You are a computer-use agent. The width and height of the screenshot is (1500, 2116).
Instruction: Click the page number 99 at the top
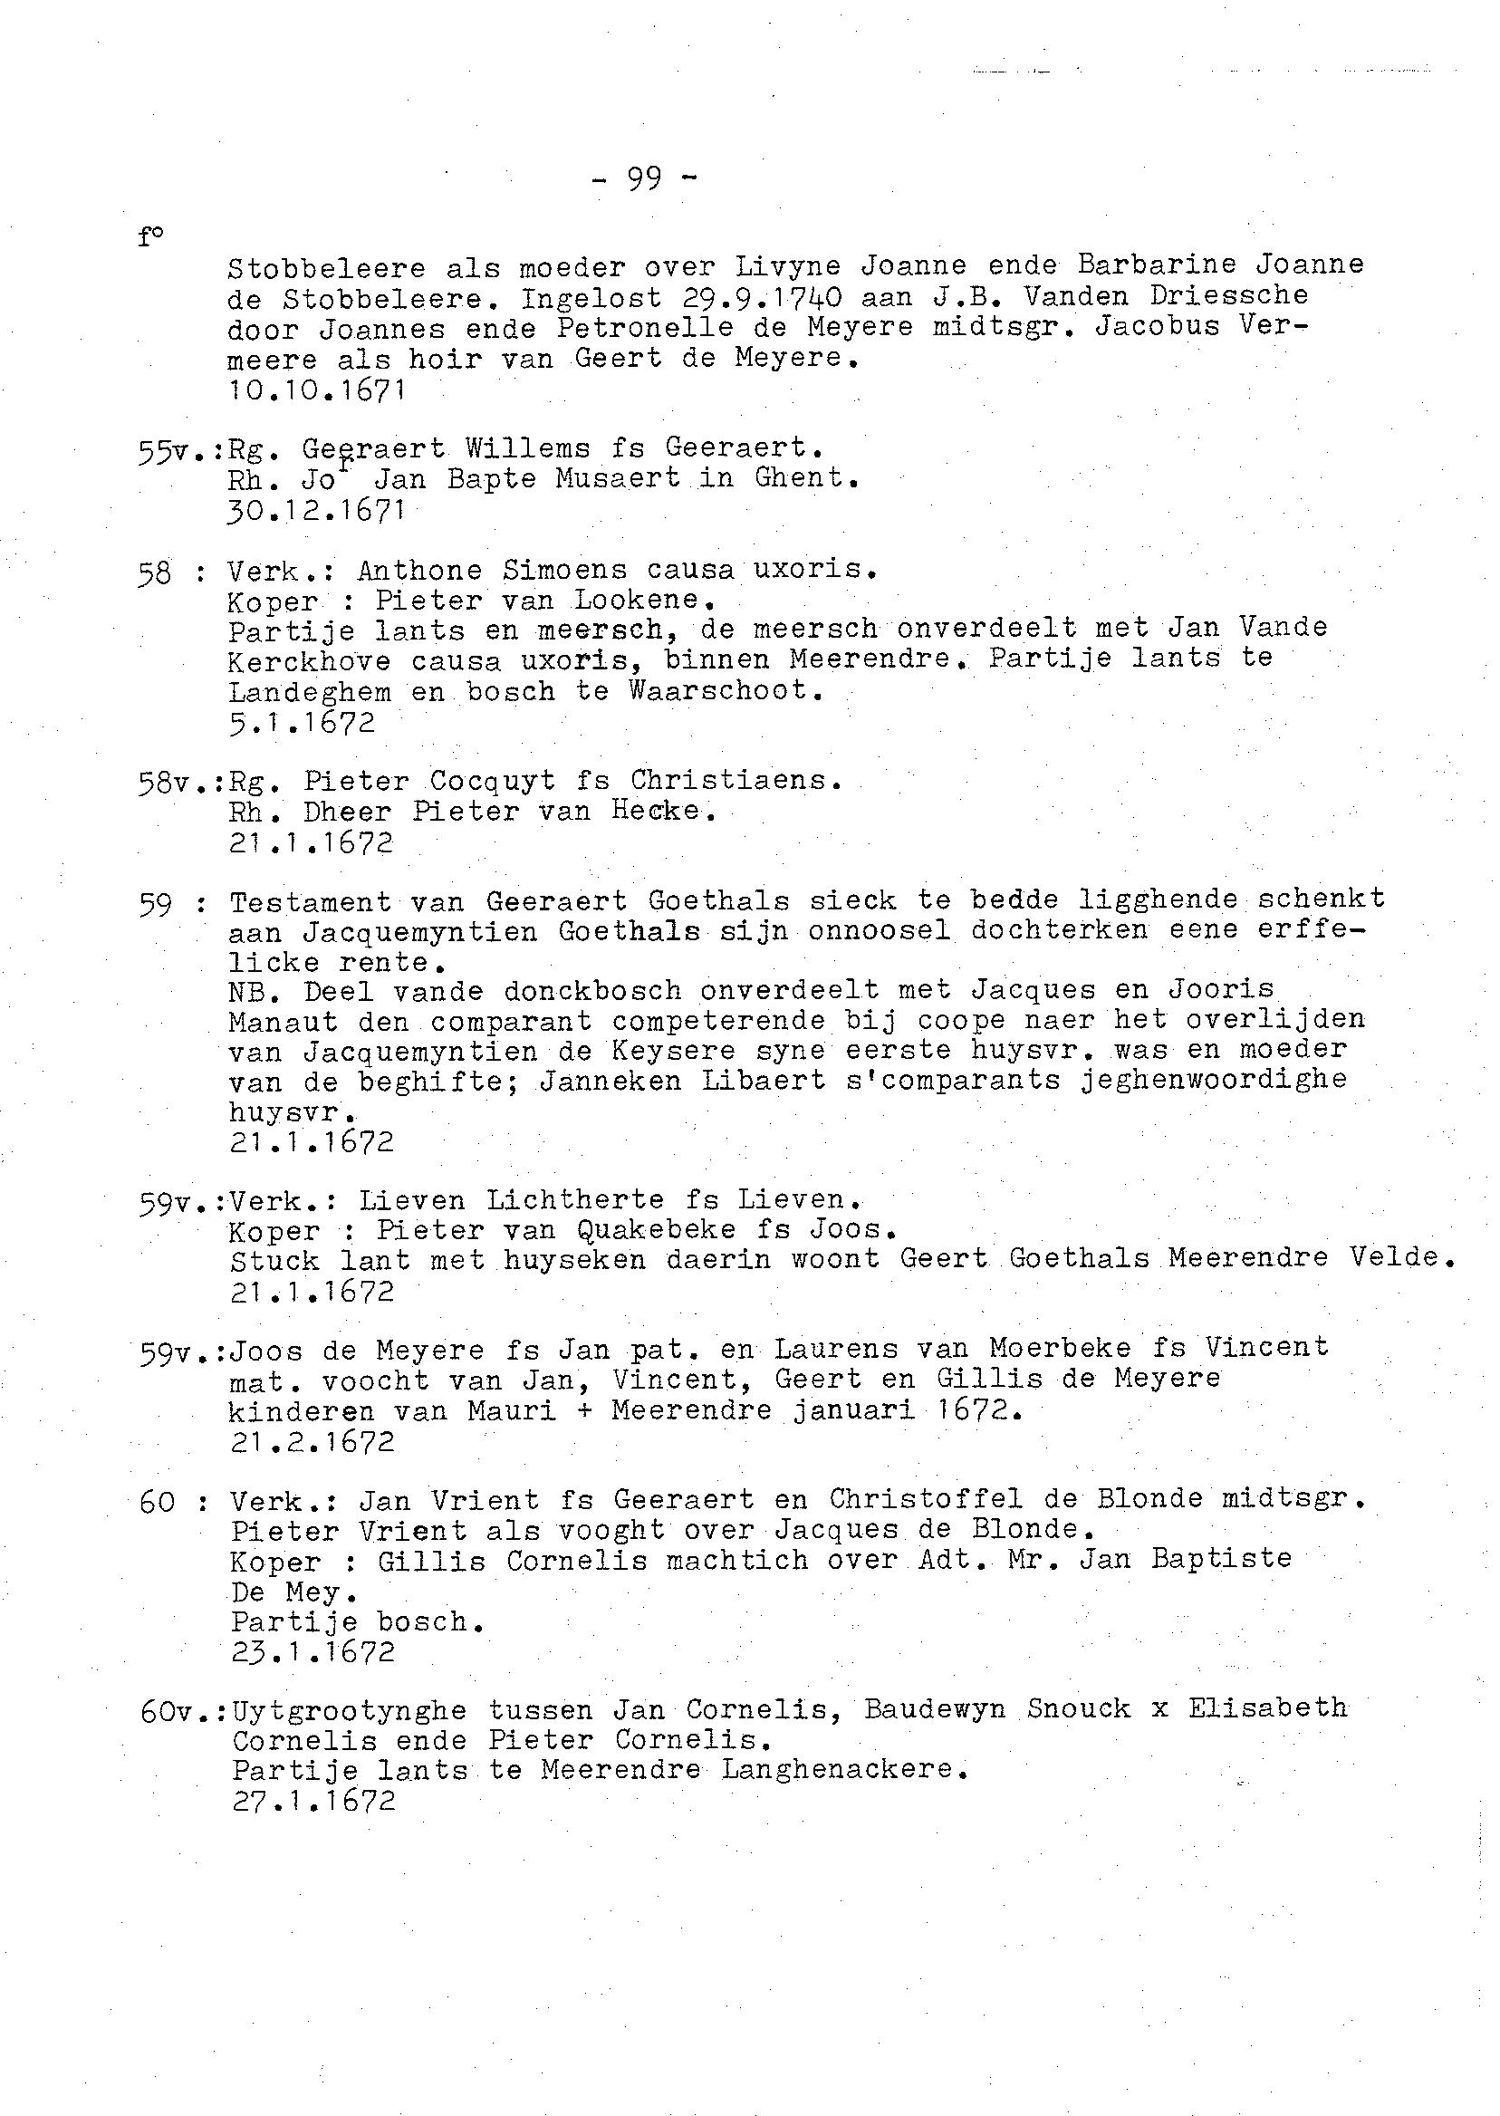click(x=645, y=178)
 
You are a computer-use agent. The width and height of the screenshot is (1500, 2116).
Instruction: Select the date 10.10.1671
click(x=317, y=390)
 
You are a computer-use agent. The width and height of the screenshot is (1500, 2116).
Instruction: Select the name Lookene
click(x=644, y=600)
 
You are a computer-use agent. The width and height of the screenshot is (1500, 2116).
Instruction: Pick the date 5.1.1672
click(x=302, y=722)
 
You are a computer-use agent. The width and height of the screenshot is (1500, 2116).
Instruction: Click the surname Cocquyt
click(x=493, y=782)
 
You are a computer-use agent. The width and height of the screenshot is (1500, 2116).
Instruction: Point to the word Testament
click(x=310, y=901)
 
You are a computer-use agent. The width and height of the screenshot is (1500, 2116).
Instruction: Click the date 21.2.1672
click(x=312, y=1442)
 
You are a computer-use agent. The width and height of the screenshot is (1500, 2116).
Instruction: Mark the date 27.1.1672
click(x=313, y=1800)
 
